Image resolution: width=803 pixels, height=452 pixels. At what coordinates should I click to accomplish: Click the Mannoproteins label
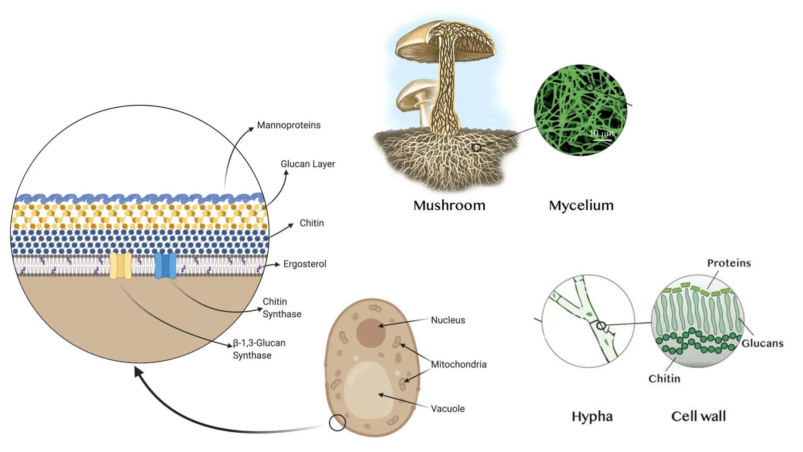pos(289,125)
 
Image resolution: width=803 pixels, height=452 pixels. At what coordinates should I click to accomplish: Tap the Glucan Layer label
pos(308,164)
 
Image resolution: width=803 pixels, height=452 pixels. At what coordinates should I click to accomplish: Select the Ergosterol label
pos(304,264)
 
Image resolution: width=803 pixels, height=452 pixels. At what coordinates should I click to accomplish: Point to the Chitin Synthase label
pos(281,308)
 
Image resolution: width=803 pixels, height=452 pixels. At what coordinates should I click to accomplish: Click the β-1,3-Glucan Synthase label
pos(259,349)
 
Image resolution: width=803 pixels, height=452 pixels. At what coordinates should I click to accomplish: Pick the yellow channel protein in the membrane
pos(120,265)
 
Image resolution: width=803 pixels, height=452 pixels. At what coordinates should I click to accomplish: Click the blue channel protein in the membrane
pos(166,265)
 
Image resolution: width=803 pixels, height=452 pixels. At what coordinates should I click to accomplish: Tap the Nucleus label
pos(448,320)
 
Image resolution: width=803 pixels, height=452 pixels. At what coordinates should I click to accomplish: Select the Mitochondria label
pos(458,365)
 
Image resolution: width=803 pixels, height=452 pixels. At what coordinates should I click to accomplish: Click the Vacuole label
pos(448,409)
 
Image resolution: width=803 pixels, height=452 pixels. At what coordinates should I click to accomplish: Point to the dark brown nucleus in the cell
pos(371,333)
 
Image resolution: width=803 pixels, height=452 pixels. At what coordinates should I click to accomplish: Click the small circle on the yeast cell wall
pos(337,423)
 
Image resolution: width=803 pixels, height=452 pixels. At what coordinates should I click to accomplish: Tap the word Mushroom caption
pos(449,205)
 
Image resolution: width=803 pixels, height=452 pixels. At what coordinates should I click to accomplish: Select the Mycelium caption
pos(581,205)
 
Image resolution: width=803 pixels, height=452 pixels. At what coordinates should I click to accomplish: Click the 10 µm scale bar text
pos(601,134)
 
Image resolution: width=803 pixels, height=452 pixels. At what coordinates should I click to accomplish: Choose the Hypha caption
pos(592,416)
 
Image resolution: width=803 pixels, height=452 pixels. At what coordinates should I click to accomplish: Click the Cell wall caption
pos(698,416)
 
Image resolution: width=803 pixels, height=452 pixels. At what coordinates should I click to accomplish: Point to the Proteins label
pos(729,263)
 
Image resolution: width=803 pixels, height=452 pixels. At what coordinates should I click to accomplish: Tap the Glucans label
pos(762,344)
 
